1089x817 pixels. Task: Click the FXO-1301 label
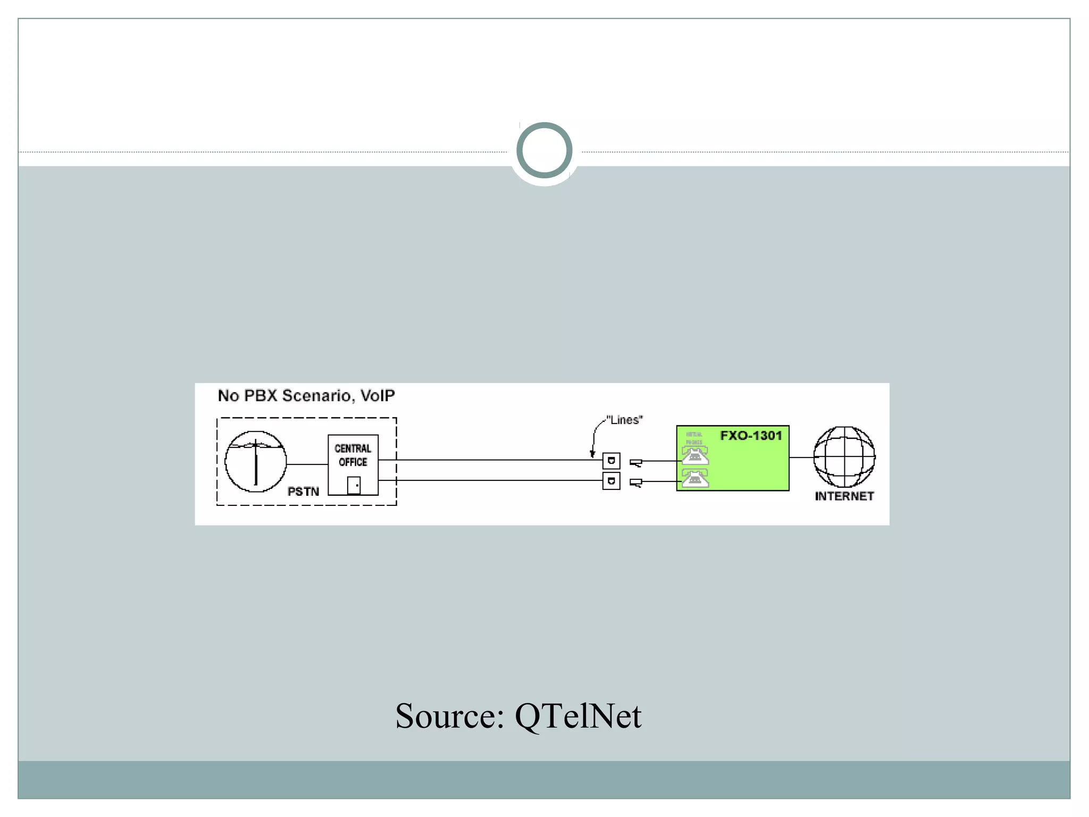(x=751, y=436)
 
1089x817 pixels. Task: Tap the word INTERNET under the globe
(x=844, y=496)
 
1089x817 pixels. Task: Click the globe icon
(x=844, y=457)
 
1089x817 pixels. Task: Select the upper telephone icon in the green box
(x=695, y=456)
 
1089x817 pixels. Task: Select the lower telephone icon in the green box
(x=695, y=479)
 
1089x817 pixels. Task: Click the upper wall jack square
(x=611, y=461)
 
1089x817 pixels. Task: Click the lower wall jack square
(x=611, y=481)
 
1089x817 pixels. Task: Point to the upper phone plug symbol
(x=636, y=463)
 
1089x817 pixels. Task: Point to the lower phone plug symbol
(x=636, y=483)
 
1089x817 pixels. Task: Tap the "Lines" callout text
(x=625, y=420)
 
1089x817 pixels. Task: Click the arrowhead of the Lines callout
(x=592, y=454)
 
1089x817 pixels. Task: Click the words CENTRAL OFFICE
(x=353, y=455)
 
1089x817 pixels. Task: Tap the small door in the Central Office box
(x=354, y=485)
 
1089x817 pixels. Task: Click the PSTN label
(x=303, y=491)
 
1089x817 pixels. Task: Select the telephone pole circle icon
(x=256, y=461)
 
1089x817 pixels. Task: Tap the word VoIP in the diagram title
(x=378, y=396)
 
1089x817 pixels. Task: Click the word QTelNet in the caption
(x=578, y=716)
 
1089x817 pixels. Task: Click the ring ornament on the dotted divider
(x=544, y=151)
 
